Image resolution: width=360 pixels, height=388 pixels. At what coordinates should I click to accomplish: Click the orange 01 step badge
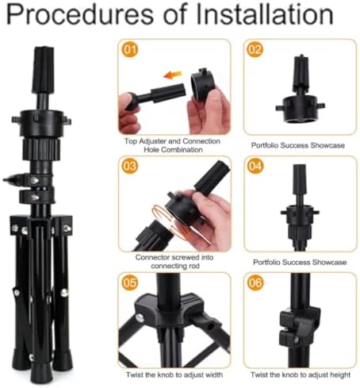[130, 50]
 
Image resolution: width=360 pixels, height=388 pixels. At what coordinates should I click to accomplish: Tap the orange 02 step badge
[255, 50]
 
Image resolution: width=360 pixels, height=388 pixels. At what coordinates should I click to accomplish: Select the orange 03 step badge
[130, 166]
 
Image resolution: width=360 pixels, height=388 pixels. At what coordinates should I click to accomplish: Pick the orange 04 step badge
[255, 166]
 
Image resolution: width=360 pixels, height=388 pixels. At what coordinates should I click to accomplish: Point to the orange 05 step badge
[130, 282]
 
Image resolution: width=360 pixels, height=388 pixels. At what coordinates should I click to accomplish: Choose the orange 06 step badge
[255, 282]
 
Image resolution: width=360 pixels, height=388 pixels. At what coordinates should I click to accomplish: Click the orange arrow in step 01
[173, 75]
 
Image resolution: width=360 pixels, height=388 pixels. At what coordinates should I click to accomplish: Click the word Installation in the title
[265, 14]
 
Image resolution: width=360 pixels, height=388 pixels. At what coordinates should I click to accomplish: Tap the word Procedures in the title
[80, 14]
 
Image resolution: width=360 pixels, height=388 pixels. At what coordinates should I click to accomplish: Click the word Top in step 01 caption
[131, 141]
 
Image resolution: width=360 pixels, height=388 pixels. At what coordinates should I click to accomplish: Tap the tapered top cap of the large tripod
[43, 71]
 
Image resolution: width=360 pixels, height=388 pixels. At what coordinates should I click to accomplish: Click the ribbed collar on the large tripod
[41, 149]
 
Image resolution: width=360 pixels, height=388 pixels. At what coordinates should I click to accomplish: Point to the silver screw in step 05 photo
[140, 317]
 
